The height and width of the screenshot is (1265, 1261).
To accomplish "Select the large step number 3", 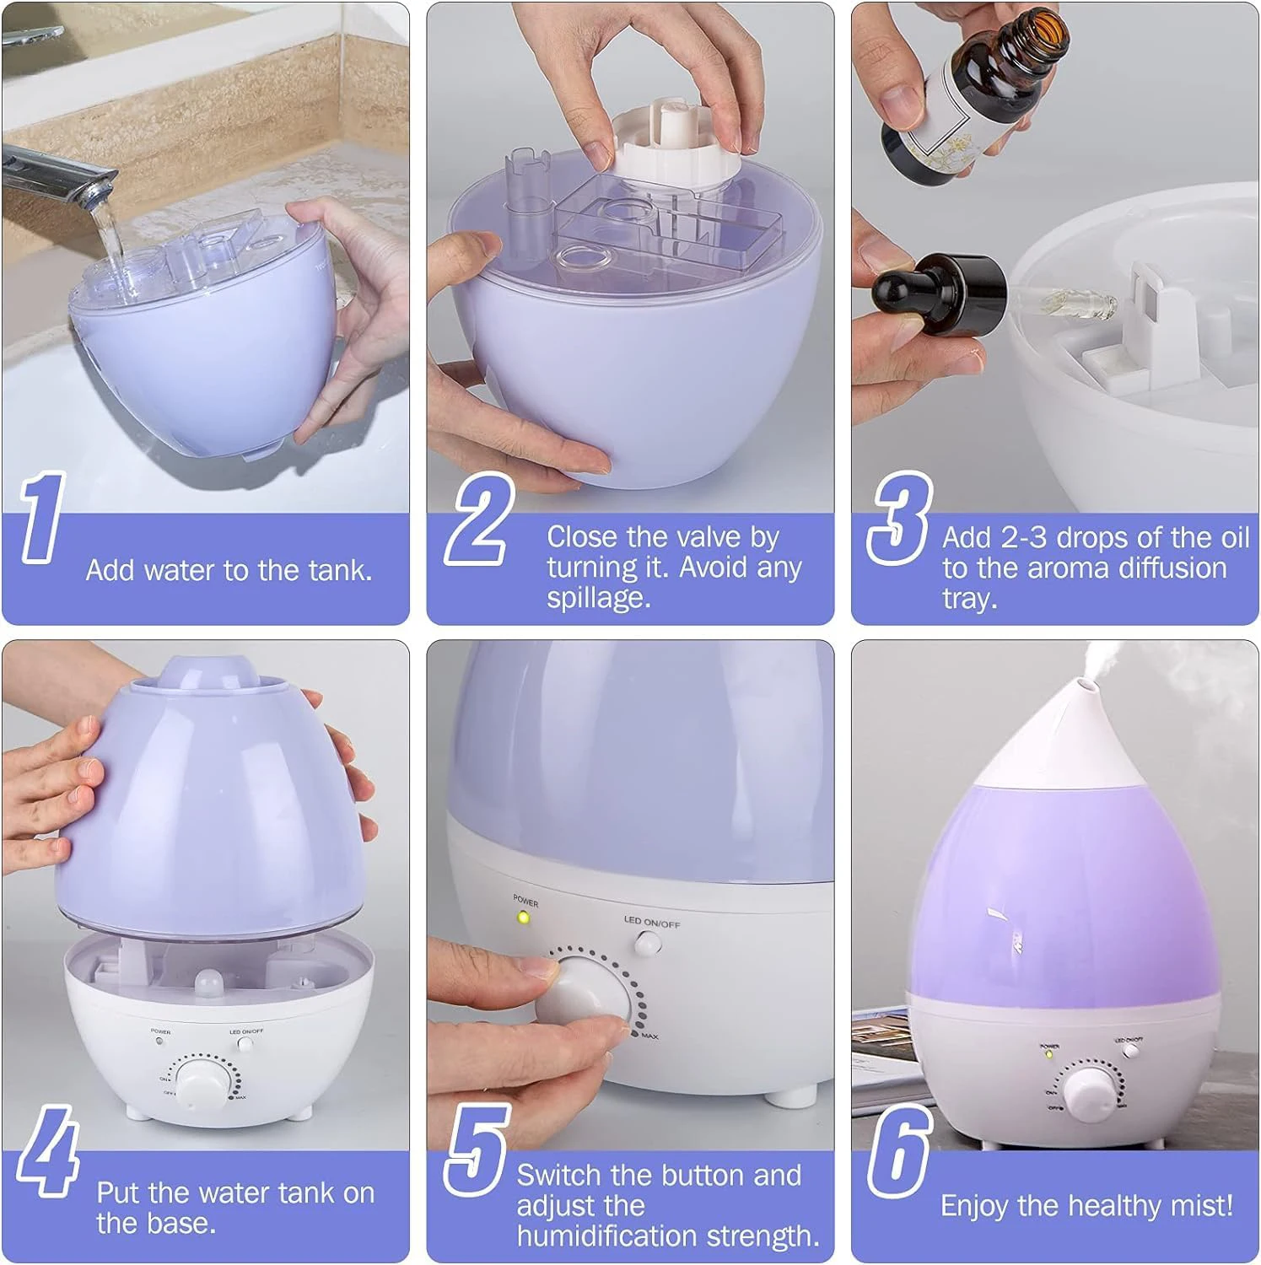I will click(899, 517).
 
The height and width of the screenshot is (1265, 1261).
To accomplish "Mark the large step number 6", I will click(899, 1152).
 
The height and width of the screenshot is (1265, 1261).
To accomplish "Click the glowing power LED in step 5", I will click(523, 917).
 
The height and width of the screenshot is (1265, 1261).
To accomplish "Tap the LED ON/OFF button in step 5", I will click(648, 945).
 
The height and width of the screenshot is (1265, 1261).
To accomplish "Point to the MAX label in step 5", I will click(649, 1036).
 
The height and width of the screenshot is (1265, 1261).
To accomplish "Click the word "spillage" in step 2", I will click(597, 598).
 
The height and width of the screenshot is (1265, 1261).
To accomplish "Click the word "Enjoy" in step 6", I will click(975, 1205).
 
